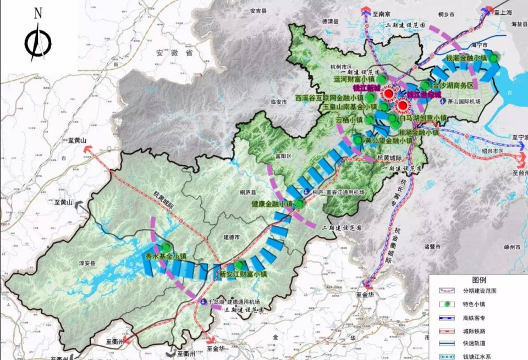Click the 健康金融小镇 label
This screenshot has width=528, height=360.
(x=273, y=204)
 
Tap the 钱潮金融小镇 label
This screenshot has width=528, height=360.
(x=466, y=58)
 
